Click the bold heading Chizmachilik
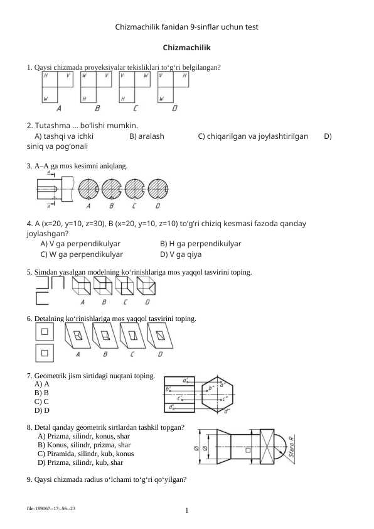pyautogui.click(x=186, y=48)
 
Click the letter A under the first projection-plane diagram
pyautogui.click(x=59, y=108)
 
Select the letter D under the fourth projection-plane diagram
pyautogui.click(x=174, y=108)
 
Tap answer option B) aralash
pyautogui.click(x=147, y=136)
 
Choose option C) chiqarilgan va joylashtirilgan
pyautogui.click(x=253, y=136)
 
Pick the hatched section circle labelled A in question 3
pyautogui.click(x=88, y=188)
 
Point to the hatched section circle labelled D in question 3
pyautogui.click(x=158, y=188)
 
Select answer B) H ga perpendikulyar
pyautogui.click(x=200, y=244)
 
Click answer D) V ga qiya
pyautogui.click(x=181, y=254)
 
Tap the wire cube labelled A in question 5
pyautogui.click(x=82, y=286)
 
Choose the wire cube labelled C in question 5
pyautogui.click(x=124, y=286)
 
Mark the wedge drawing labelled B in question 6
pyautogui.click(x=105, y=335)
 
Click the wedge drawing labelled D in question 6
pyautogui.click(x=160, y=335)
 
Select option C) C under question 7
pyautogui.click(x=41, y=402)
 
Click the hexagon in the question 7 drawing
pyautogui.click(x=217, y=394)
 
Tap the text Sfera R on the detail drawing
pyautogui.click(x=291, y=447)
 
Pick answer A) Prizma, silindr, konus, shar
pyautogui.click(x=84, y=436)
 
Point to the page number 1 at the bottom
pyautogui.click(x=187, y=510)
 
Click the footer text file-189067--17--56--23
pyautogui.click(x=51, y=508)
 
